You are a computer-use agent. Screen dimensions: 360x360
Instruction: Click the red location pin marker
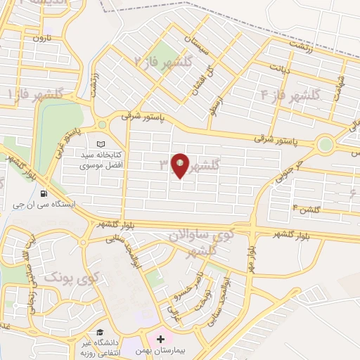[x=181, y=166]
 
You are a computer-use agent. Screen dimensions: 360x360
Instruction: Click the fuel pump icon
[x=44, y=194]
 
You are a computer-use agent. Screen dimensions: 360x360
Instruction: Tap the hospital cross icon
[x=160, y=339]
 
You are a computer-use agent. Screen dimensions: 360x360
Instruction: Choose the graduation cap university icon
[x=101, y=331]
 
